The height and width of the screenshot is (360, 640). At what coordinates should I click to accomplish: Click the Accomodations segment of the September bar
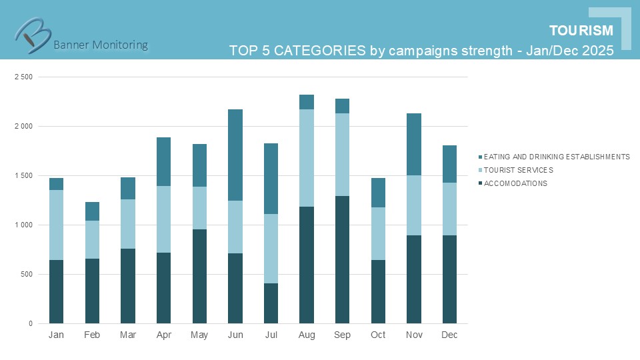click(342, 259)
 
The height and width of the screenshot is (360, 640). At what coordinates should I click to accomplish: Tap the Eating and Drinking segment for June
click(235, 155)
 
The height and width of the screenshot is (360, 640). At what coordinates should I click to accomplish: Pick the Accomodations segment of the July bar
click(271, 303)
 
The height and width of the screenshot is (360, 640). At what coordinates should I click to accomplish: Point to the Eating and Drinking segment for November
click(413, 144)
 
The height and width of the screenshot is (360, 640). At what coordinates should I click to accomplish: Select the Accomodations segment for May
click(199, 276)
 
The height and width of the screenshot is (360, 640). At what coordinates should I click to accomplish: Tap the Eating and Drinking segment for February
click(92, 211)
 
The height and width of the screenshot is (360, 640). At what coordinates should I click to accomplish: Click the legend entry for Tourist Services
click(518, 170)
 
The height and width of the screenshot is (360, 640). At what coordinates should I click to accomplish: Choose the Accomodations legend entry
click(515, 183)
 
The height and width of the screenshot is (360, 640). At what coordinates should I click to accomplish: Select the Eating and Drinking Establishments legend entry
click(556, 157)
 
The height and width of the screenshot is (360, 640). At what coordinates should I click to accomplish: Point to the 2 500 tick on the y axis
click(23, 77)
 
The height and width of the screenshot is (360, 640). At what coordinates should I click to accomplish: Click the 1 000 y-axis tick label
click(23, 225)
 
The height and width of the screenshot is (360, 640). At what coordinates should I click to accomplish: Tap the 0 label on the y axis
click(30, 324)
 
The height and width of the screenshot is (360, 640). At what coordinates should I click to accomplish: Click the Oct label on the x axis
click(378, 335)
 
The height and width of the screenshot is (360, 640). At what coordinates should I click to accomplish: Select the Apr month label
click(163, 335)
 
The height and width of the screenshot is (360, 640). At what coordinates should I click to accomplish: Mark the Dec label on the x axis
click(449, 335)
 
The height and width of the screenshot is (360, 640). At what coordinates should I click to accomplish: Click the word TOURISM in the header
click(581, 31)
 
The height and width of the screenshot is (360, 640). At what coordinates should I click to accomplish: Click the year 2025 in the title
click(597, 51)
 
